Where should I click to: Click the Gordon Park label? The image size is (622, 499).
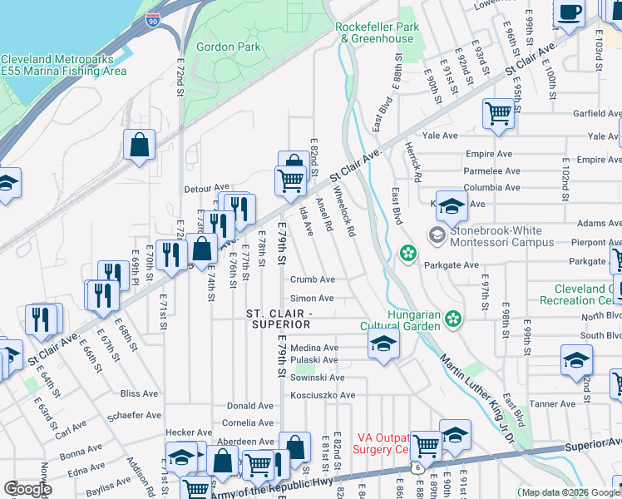(221, 47)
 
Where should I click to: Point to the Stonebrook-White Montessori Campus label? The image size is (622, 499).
(491, 237)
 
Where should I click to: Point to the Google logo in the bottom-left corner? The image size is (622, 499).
(27, 489)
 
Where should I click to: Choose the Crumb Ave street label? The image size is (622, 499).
(312, 280)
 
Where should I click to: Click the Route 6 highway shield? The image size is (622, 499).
(415, 469)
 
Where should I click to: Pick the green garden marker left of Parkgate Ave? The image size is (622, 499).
(407, 252)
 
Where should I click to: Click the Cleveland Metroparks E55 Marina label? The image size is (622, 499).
(63, 65)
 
